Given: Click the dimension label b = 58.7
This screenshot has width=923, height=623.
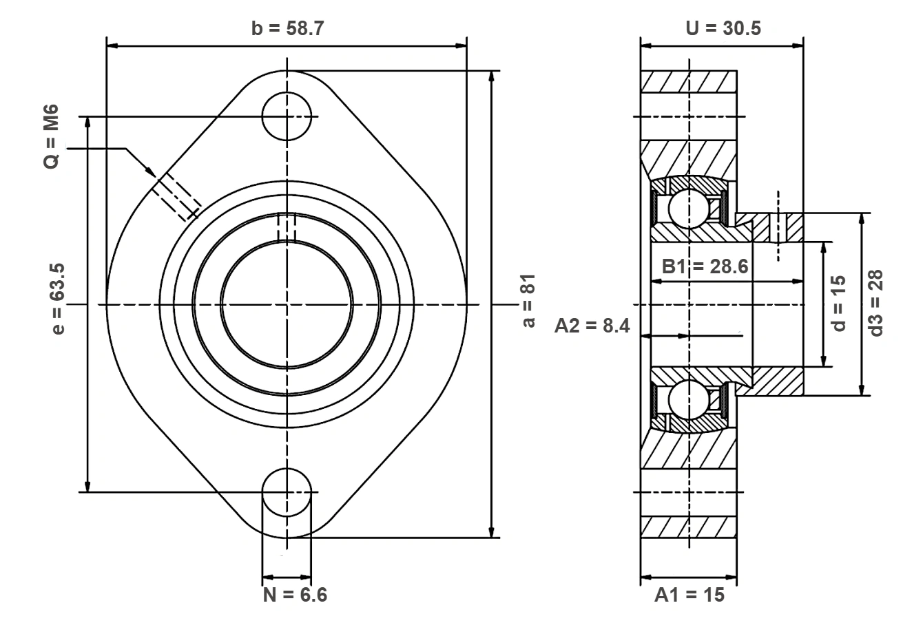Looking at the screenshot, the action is click(x=288, y=28).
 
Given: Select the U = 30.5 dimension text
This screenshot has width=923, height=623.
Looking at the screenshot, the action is click(x=723, y=28).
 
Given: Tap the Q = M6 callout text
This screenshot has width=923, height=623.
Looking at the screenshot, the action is click(x=51, y=136).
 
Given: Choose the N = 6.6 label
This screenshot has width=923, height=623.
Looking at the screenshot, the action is click(x=295, y=595).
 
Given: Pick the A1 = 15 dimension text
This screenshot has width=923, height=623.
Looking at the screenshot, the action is click(x=689, y=595).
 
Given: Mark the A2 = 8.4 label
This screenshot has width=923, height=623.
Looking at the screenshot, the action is click(x=592, y=326).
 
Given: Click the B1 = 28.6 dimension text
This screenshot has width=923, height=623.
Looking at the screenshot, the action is click(x=705, y=266).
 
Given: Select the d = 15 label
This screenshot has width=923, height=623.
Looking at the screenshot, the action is click(x=838, y=304).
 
